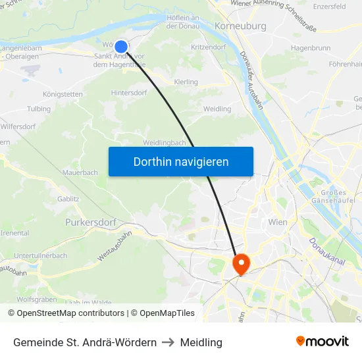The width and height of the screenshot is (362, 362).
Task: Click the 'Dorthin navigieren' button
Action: (181, 161)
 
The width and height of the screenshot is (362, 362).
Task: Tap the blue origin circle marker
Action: (121, 46)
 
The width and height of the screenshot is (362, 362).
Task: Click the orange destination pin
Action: (242, 264)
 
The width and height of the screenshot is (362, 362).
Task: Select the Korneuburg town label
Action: (241, 26)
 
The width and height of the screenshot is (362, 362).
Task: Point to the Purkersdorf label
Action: (91, 222)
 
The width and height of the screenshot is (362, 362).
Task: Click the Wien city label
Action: (278, 222)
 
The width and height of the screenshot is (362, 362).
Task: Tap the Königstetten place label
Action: (63, 94)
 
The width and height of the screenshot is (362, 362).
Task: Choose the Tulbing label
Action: (39, 109)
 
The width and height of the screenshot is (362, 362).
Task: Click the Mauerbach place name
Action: (80, 172)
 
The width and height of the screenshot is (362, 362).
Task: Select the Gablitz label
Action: (68, 197)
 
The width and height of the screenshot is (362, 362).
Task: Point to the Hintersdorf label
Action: (130, 93)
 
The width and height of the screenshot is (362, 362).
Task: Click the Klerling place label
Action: (186, 82)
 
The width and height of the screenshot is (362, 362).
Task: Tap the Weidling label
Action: (217, 109)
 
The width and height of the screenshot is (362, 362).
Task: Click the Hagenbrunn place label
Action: (311, 48)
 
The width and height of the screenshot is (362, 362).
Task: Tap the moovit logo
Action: (323, 342)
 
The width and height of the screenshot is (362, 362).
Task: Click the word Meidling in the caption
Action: (201, 342)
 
